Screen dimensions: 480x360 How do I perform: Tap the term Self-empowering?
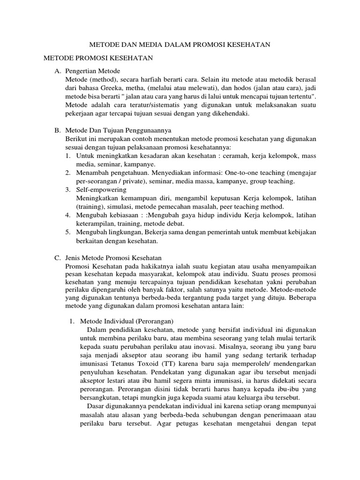pos(102,190)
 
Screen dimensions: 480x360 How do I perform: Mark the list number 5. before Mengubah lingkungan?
pos(68,232)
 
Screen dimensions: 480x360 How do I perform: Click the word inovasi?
pos(202,347)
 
